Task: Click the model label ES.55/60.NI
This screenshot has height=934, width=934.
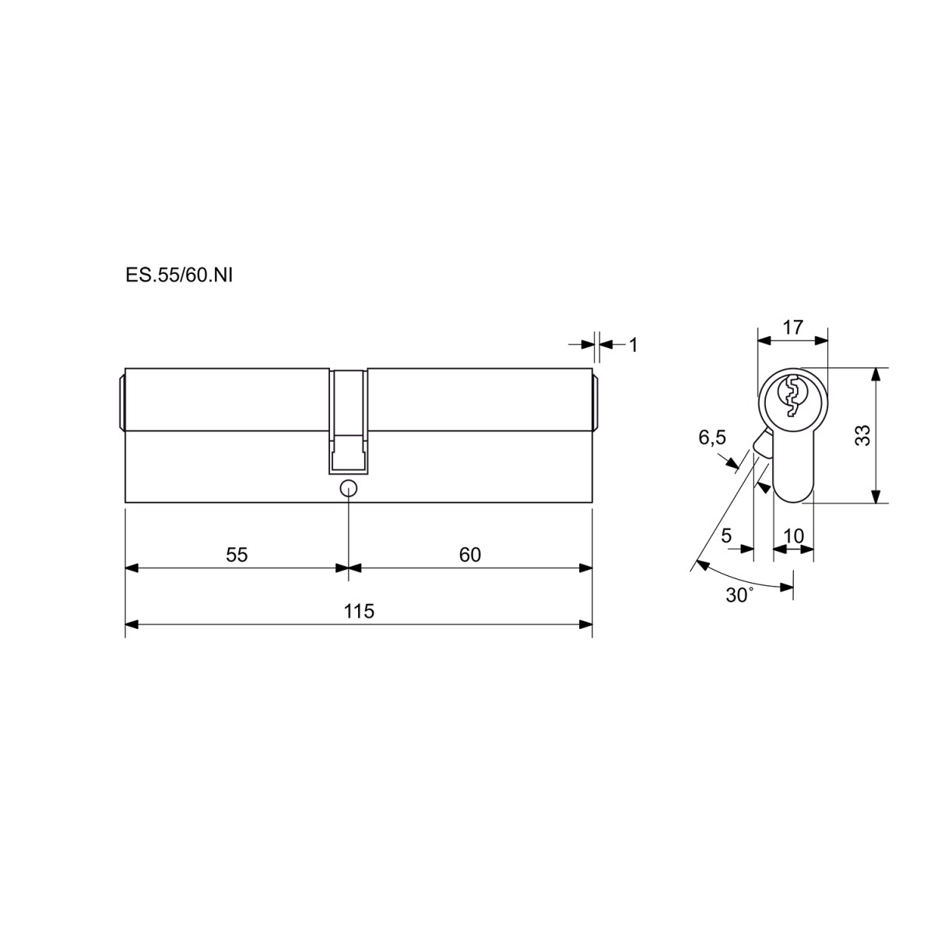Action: [179, 276]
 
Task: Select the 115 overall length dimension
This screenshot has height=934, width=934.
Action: [359, 611]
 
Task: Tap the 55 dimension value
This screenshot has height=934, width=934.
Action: [237, 554]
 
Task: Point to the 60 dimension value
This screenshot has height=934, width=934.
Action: [469, 554]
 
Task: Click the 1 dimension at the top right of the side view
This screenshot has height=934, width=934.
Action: [633, 345]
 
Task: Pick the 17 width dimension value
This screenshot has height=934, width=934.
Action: [793, 327]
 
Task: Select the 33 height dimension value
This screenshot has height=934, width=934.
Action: [863, 435]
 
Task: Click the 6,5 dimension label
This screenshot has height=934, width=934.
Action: [712, 437]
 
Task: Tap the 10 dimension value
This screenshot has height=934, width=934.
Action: [793, 536]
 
